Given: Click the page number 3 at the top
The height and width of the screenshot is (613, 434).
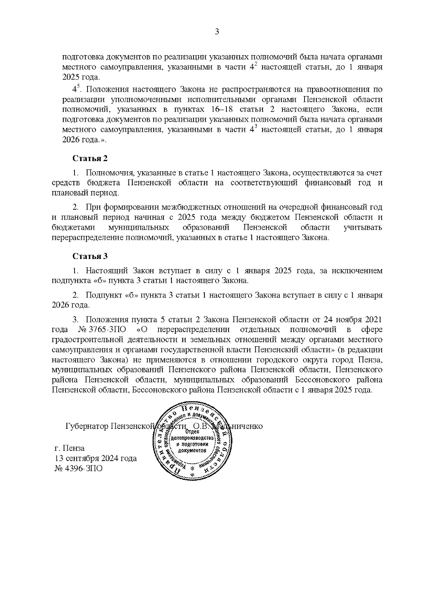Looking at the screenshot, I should (x=217, y=32).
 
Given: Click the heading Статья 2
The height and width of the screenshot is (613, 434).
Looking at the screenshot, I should (x=90, y=158).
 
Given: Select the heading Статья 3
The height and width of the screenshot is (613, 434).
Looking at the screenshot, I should (x=90, y=256).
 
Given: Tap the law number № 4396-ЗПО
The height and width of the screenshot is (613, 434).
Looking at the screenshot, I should (x=78, y=469).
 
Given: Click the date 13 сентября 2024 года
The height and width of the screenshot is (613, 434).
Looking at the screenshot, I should (x=95, y=458).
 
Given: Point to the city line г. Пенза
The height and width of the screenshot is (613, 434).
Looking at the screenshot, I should (x=69, y=448).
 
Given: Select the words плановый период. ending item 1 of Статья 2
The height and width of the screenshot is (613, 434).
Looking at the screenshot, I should (x=85, y=193).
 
